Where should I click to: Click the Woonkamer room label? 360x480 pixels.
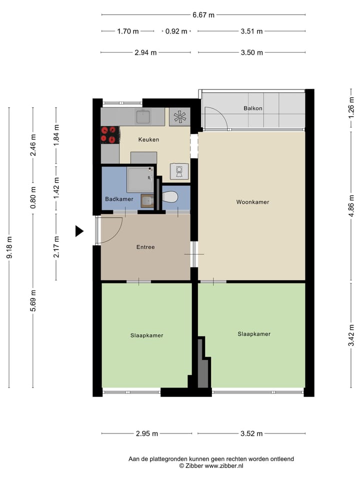(x=252, y=202)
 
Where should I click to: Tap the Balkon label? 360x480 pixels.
(x=253, y=108)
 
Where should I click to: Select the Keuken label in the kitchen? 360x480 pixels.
(x=148, y=139)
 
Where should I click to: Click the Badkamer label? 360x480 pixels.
(x=119, y=199)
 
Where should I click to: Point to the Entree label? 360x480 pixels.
(x=145, y=247)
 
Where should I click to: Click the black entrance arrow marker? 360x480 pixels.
(x=79, y=231)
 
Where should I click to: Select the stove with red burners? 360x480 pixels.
(x=110, y=134)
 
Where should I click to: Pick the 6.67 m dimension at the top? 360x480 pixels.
(x=203, y=15)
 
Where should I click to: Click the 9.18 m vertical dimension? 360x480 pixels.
(x=9, y=247)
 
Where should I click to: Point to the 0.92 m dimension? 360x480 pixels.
(x=176, y=31)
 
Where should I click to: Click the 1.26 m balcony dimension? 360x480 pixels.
(x=351, y=108)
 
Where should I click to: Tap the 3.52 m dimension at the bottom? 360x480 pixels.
(x=251, y=433)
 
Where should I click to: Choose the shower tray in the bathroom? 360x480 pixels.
(x=139, y=180)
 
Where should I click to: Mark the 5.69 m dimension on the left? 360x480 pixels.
(x=33, y=300)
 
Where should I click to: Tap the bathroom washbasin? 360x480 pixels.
(x=147, y=201)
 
